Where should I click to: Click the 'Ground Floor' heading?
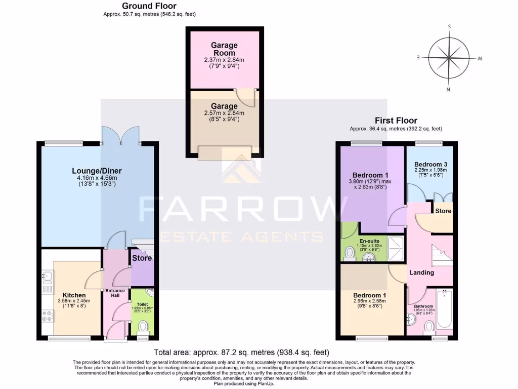[x=149, y=6]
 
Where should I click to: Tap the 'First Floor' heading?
[x=396, y=121]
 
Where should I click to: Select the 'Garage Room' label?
[x=224, y=49]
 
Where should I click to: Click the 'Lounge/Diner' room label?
[x=97, y=171]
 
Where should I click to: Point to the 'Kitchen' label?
[x=74, y=295]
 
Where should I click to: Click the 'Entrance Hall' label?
[x=115, y=293]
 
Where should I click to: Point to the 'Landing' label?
[x=421, y=273]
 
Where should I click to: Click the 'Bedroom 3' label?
[x=430, y=165]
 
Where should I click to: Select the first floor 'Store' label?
[x=443, y=211]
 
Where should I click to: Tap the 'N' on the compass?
[x=448, y=90]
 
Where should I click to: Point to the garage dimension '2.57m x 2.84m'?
[x=224, y=113]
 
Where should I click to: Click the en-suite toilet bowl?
[x=350, y=252]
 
